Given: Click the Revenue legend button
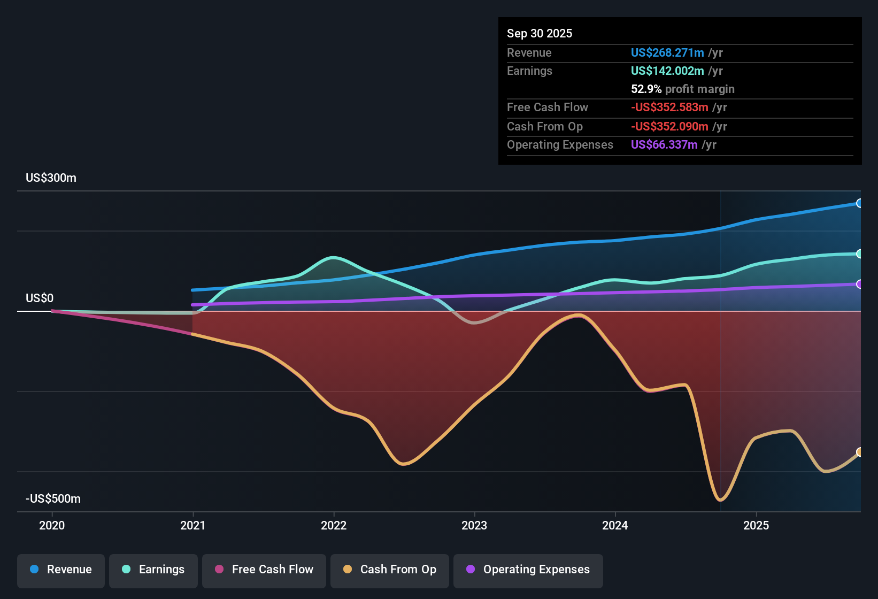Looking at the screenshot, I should click(61, 570).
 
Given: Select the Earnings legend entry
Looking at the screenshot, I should click(153, 570).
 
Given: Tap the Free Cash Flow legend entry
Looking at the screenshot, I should click(264, 570).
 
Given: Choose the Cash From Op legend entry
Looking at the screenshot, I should click(390, 570).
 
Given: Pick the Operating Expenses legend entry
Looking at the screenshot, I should click(528, 570).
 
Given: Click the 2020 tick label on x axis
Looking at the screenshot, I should click(52, 525).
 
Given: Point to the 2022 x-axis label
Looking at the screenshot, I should click(334, 525).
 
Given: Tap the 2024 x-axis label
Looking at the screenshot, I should click(615, 525).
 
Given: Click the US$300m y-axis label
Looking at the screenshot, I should click(51, 178).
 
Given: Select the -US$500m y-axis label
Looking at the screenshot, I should click(53, 499).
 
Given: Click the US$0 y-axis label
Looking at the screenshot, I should click(40, 298).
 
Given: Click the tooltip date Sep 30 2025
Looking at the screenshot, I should click(540, 34).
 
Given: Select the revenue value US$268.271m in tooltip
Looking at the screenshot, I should click(667, 53).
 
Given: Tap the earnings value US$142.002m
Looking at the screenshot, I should click(667, 71).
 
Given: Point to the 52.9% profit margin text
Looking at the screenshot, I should click(682, 89).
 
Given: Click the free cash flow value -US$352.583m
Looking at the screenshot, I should click(669, 107).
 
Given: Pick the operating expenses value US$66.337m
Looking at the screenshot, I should click(664, 145).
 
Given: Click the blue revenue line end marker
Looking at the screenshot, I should click(859, 203).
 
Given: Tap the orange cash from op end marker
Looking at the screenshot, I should click(859, 452).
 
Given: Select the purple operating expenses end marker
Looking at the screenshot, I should click(859, 284).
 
